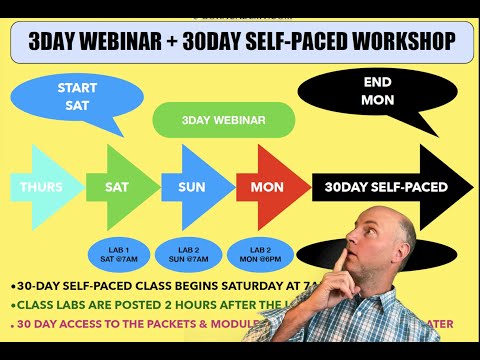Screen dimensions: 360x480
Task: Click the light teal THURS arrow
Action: point(40,187)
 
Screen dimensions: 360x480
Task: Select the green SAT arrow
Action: point(117,187)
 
